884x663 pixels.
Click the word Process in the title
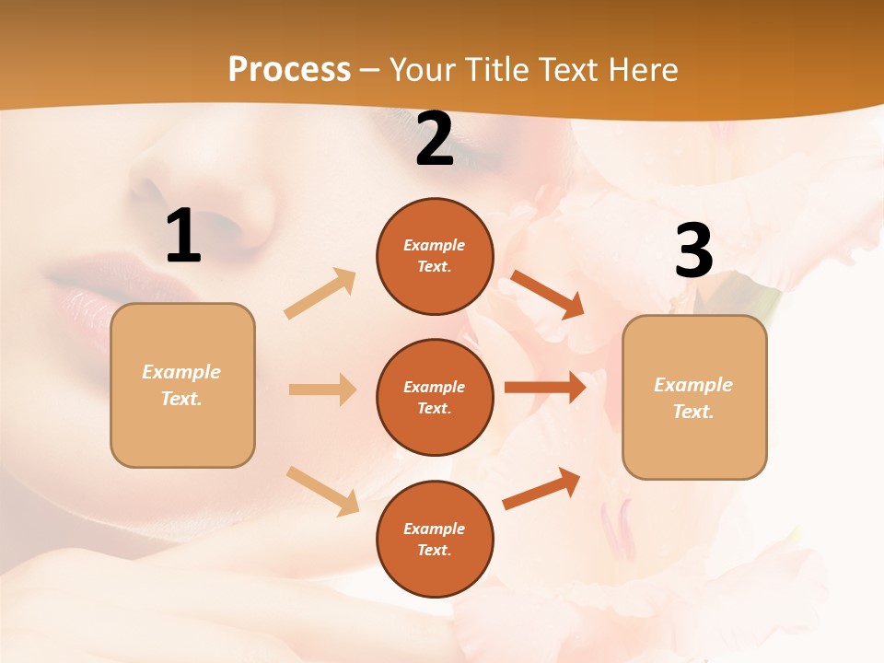(289, 70)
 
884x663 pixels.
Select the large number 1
(183, 237)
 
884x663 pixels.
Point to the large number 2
(435, 140)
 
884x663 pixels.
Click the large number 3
(693, 250)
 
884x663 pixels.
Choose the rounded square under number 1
(182, 385)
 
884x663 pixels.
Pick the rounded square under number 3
(694, 398)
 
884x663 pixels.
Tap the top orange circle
(435, 256)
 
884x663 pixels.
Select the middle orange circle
(435, 397)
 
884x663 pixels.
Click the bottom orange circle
(435, 539)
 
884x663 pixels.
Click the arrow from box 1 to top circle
(320, 294)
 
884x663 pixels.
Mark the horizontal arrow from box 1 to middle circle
(322, 390)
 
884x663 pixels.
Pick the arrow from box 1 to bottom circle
(322, 490)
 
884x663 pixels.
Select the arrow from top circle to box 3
(548, 294)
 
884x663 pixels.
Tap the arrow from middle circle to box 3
(545, 387)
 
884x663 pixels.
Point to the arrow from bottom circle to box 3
(542, 488)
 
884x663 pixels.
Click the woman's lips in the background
(83, 281)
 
